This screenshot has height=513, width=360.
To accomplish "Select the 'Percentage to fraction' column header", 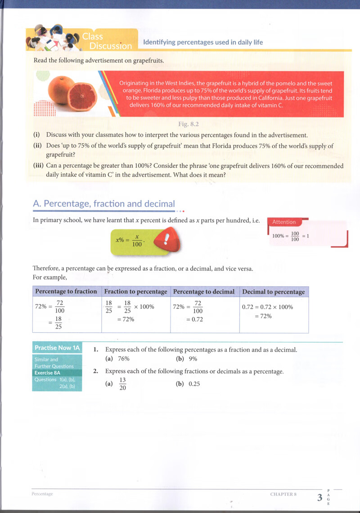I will tap(66, 291).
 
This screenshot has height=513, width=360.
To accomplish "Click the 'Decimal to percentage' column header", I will tap(273, 292).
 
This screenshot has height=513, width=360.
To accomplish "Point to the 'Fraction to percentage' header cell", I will tap(135, 291).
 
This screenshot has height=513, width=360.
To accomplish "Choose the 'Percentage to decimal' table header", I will tap(204, 291).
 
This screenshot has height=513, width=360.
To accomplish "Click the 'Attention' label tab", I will tap(284, 222).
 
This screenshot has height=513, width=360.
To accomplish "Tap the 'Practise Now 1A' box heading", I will tap(57, 348).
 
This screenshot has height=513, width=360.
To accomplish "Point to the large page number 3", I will tap(319, 497).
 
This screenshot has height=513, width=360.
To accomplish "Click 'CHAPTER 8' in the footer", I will tap(283, 494).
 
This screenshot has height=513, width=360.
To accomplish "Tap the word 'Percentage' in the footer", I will tap(42, 494).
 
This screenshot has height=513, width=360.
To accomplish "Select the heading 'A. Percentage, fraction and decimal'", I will tap(104, 204).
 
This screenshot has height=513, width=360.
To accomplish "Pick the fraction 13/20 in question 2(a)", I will tap(122, 384).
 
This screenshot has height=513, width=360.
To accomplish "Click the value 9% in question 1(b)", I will tap(193, 359).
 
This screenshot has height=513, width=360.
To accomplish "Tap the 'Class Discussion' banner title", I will tap(108, 41).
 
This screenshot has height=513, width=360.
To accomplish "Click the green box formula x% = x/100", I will tap(129, 241).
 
